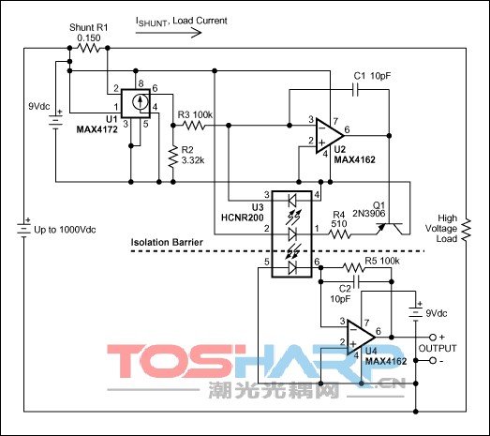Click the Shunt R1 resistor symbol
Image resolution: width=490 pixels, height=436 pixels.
tap(88, 48)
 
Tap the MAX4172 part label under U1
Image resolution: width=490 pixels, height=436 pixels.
tap(97, 129)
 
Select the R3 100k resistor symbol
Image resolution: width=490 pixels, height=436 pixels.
tap(193, 126)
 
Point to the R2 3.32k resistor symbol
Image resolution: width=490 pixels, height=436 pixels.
tap(172, 157)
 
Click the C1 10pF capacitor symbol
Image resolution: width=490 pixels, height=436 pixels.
tap(355, 90)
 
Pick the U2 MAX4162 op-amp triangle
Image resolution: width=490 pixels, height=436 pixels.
tap(330, 136)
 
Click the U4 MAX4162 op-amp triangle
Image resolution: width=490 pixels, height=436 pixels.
tap(361, 338)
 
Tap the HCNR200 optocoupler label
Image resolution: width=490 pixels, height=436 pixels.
tap(242, 218)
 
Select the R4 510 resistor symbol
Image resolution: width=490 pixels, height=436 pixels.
tap(339, 234)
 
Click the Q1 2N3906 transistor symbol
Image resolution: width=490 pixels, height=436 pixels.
tap(390, 229)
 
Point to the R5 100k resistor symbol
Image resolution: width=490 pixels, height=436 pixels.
tap(353, 268)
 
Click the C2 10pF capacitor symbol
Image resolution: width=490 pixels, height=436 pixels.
tap(356, 282)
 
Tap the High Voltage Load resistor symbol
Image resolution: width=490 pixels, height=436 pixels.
tap(467, 231)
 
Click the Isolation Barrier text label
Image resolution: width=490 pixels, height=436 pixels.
tap(167, 243)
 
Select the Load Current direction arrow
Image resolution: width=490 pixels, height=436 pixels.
tap(169, 33)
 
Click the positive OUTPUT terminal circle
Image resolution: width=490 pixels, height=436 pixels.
tap(433, 338)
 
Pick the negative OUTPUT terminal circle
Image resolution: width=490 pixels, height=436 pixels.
tap(433, 361)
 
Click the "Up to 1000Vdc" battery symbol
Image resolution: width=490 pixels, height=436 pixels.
tap(23, 228)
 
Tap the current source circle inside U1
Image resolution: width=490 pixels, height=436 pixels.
tap(140, 102)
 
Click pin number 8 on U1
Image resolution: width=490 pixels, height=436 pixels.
tap(141, 83)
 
